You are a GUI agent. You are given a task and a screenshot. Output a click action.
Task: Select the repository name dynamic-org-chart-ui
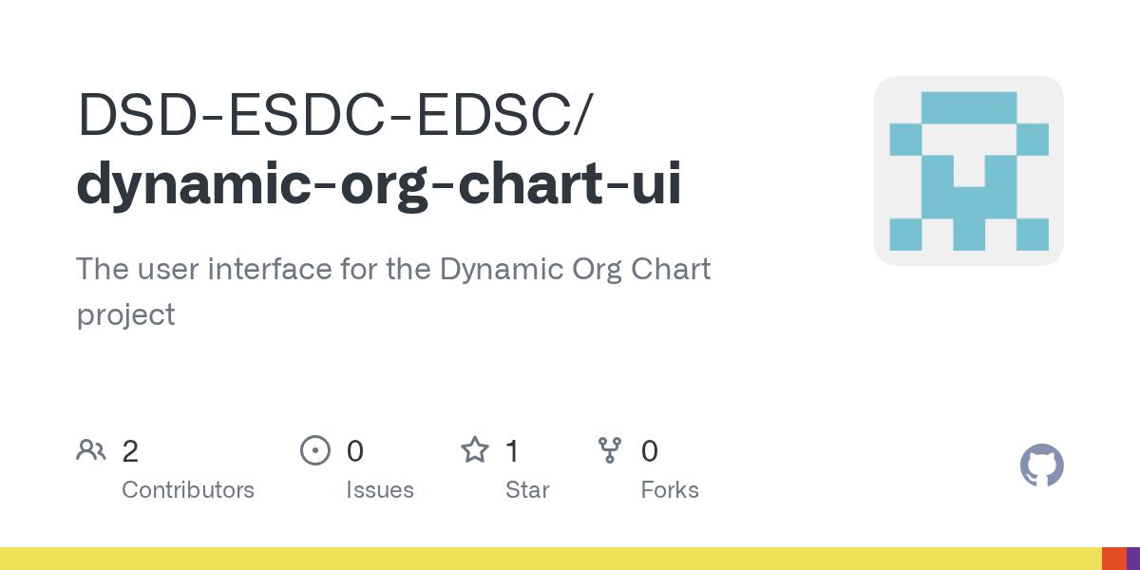(x=379, y=184)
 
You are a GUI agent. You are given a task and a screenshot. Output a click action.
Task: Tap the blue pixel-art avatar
(x=969, y=171)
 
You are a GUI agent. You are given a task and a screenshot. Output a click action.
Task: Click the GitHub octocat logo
(x=1042, y=465)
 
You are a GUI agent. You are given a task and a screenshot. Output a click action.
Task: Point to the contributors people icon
(x=91, y=450)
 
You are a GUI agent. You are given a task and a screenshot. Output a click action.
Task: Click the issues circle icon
(x=315, y=450)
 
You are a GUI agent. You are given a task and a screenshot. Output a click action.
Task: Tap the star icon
(x=475, y=450)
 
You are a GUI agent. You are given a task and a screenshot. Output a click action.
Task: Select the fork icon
(x=610, y=450)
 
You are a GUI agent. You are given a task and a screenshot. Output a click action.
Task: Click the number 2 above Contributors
(x=130, y=451)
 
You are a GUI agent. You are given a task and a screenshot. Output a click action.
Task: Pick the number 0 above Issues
(x=355, y=451)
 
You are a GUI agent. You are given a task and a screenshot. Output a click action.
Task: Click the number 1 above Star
(x=512, y=451)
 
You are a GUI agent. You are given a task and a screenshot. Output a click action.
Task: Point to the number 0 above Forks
(x=650, y=451)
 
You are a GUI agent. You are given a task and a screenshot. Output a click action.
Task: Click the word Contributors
(x=188, y=490)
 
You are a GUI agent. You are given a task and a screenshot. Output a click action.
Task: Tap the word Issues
(x=380, y=490)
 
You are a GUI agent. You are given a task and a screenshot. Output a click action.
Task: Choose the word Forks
(x=670, y=490)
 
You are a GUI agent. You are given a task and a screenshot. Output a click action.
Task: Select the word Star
(x=527, y=490)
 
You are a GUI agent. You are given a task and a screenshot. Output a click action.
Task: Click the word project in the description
(x=125, y=315)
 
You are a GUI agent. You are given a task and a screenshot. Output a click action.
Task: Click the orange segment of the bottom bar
(x=1114, y=559)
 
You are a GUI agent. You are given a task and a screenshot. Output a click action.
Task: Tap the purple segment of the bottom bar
(x=1133, y=559)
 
